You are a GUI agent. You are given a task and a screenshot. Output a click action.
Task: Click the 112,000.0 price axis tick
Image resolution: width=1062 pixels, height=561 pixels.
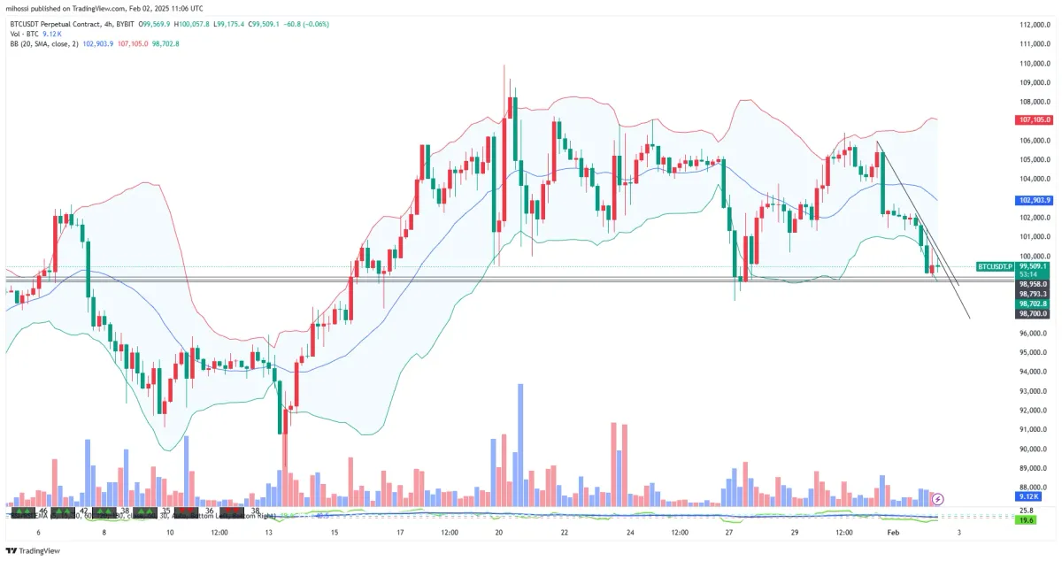click(x=1034, y=25)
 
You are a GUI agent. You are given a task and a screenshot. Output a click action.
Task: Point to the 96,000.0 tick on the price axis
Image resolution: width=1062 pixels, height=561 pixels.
click(x=1034, y=334)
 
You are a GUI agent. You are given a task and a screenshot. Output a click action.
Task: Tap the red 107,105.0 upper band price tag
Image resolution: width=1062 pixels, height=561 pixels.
click(x=1034, y=119)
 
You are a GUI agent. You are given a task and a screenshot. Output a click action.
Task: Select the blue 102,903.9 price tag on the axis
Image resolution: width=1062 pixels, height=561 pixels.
click(x=1034, y=200)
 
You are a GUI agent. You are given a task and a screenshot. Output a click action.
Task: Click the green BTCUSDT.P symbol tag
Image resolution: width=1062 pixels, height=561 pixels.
click(x=995, y=266)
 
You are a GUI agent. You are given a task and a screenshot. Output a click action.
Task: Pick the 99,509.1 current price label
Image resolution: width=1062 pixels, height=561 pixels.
click(x=1034, y=265)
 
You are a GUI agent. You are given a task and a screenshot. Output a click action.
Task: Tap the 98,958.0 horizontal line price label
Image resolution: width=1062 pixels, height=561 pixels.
click(x=1034, y=284)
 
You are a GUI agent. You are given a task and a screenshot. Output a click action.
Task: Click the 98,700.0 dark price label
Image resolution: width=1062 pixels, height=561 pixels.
click(x=1034, y=313)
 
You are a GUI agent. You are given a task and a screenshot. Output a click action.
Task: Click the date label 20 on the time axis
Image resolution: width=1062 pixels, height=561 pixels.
click(x=499, y=533)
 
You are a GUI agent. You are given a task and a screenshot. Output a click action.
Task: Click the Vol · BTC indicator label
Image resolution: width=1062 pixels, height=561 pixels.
click(x=26, y=33)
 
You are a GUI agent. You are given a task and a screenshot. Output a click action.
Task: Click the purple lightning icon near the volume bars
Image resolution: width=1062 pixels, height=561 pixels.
click(x=939, y=499)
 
